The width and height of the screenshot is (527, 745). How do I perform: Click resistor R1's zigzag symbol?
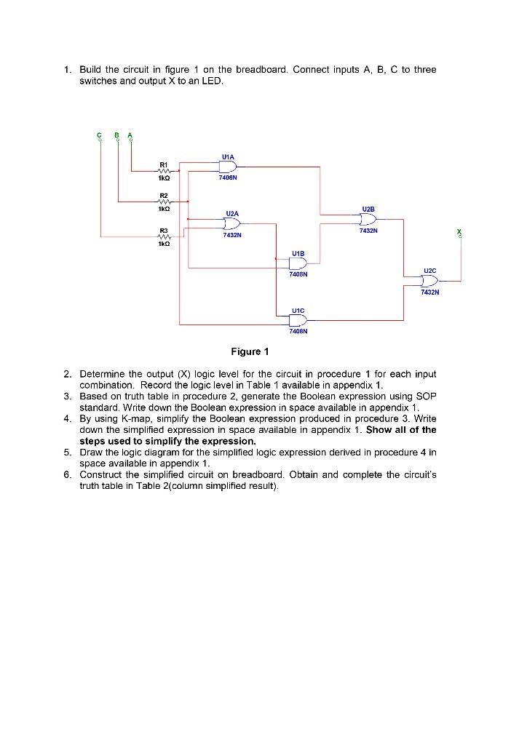[x=165, y=172]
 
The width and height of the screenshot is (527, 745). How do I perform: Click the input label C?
[x=100, y=135]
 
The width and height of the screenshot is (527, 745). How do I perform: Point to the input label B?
[x=116, y=135]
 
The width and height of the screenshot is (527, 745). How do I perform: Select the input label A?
[x=130, y=135]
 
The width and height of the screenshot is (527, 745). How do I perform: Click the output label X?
[x=459, y=231]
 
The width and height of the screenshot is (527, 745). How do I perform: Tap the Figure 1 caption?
[x=250, y=352]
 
